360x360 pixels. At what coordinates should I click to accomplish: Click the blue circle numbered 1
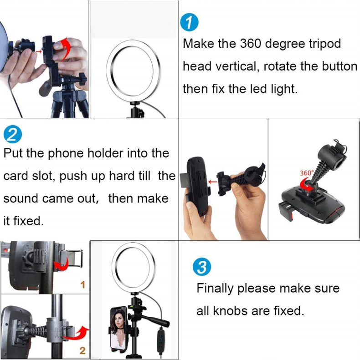tap(189, 22)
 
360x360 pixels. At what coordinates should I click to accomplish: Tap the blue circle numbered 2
tap(13, 134)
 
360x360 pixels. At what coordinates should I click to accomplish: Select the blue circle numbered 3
tap(202, 267)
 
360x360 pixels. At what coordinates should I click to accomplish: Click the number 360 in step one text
tap(251, 43)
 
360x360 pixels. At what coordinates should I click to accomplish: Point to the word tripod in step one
tap(324, 44)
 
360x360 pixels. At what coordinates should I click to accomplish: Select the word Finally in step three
tap(215, 289)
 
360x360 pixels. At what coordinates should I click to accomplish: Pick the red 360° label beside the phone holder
tap(307, 172)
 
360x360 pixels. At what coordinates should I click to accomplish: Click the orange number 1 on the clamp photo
tap(82, 285)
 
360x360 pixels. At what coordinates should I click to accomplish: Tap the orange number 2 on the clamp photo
tap(82, 350)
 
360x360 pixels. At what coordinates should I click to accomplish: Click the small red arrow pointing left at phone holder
tap(213, 182)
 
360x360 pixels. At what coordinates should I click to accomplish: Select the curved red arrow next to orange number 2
tap(77, 333)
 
